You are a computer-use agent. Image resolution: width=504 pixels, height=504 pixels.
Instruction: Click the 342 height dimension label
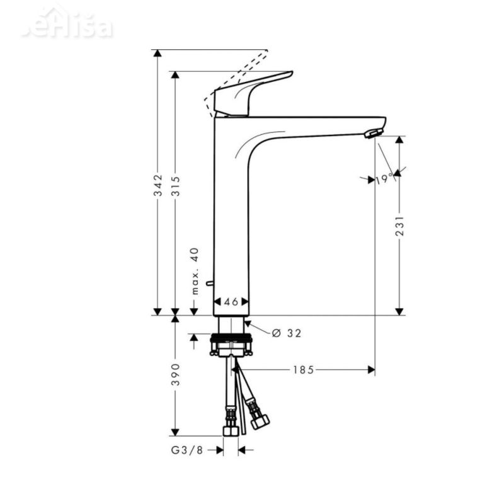pyautogui.click(x=159, y=185)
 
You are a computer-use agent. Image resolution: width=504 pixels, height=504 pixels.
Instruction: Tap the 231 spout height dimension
pyautogui.click(x=399, y=226)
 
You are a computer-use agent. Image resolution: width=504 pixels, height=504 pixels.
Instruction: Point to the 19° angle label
pyautogui.click(x=384, y=179)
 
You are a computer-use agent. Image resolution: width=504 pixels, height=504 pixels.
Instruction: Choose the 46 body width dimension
pyautogui.click(x=231, y=302)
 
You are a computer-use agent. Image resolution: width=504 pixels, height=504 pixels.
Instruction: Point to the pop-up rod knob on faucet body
pyautogui.click(x=210, y=283)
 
